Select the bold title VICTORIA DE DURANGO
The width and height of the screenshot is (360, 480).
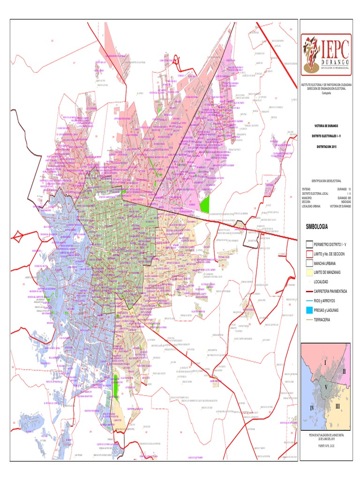point(326,126)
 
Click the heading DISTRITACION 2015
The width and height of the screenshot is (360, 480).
point(326,146)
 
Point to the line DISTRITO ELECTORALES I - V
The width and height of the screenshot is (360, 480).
point(326,136)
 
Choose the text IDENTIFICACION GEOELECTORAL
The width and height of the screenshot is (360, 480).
point(326,180)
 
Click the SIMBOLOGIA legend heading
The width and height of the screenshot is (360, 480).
point(317,226)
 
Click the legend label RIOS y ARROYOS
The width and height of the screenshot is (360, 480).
point(325,300)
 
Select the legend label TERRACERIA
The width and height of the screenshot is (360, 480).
point(322,319)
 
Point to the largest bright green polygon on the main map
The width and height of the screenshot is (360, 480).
point(204,204)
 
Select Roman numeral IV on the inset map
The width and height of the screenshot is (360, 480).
point(311,408)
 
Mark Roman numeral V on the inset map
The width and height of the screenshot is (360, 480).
point(325,388)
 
